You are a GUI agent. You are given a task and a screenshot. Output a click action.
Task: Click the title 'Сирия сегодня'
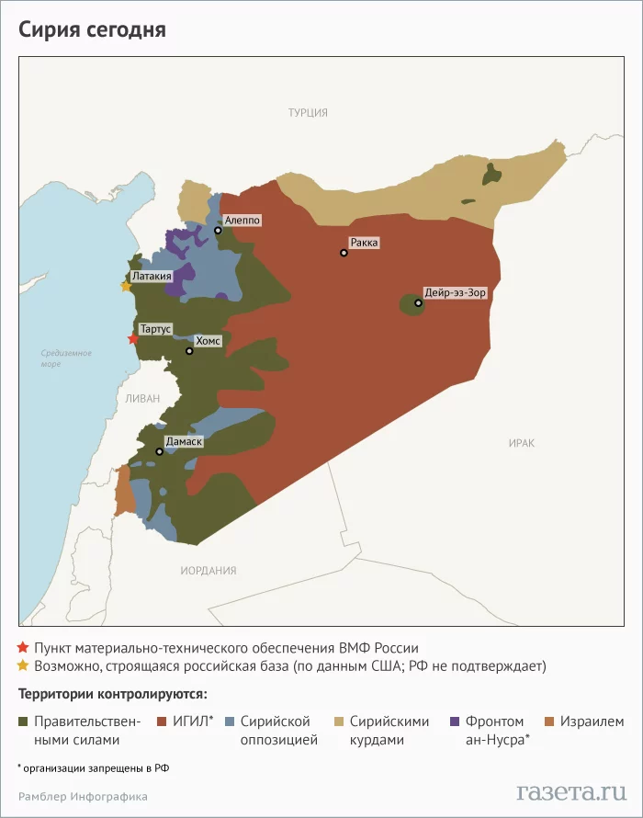click(92, 29)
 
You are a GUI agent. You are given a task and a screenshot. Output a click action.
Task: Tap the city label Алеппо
click(243, 221)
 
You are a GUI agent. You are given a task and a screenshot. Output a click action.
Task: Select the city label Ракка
click(363, 243)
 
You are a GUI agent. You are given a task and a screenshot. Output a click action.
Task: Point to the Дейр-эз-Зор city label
click(455, 292)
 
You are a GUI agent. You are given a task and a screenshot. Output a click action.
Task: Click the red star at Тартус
click(133, 339)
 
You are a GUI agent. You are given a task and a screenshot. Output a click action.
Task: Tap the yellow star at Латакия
click(126, 286)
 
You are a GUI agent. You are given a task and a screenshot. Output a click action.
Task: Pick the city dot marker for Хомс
click(189, 351)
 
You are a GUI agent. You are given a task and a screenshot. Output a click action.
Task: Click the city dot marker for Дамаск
click(160, 451)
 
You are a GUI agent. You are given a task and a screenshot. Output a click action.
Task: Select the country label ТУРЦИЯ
click(308, 113)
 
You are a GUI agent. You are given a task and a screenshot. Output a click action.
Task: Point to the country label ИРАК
click(521, 443)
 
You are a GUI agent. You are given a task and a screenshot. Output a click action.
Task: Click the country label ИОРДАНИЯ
click(209, 571)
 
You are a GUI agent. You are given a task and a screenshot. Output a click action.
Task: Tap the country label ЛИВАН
click(143, 398)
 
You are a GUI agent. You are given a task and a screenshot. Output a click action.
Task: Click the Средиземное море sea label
click(66, 358)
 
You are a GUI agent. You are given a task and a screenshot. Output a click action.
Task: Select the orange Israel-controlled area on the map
click(122, 492)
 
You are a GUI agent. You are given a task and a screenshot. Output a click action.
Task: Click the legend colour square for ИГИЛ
click(162, 721)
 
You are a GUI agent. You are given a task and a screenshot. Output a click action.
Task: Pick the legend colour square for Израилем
click(549, 721)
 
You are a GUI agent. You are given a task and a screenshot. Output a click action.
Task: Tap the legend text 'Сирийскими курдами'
click(389, 730)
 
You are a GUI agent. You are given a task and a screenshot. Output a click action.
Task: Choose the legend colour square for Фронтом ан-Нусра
click(457, 721)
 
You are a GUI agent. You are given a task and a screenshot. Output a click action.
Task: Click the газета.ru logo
click(570, 791)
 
